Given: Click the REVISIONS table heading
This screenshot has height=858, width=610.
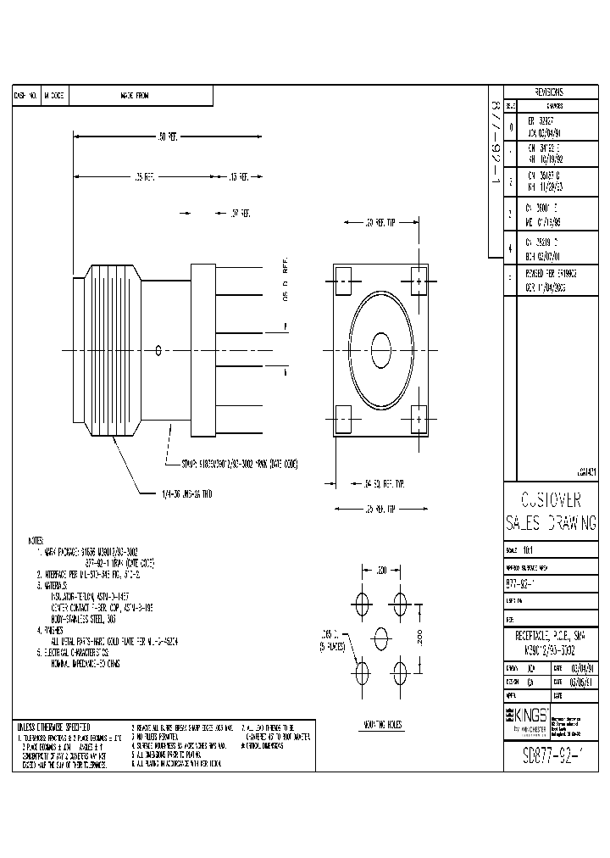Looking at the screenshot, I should point(550,92).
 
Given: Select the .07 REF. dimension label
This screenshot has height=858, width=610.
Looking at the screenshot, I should point(240,214).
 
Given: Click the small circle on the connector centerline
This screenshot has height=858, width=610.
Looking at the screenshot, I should point(160,349).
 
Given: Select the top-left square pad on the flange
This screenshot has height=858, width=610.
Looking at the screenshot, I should point(344,280).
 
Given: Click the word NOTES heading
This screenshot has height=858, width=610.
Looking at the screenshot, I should point(36,539).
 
